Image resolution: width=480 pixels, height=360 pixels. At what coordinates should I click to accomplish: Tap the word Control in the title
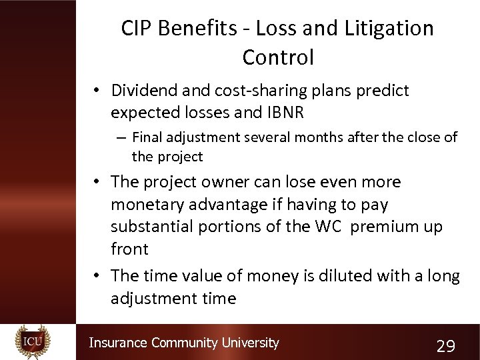click(278, 57)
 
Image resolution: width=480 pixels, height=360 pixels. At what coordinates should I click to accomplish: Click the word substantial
click(157, 226)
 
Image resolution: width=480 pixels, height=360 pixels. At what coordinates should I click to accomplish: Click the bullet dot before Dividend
click(97, 91)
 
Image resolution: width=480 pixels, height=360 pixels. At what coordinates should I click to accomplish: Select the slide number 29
click(445, 346)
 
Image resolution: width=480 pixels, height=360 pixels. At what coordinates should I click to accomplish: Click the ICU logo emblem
click(33, 342)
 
